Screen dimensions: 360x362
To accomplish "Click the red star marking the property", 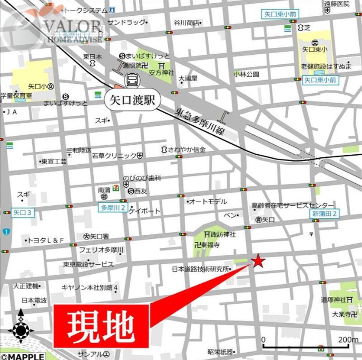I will point(258,261).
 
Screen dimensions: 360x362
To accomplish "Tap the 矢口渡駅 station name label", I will point(132,100).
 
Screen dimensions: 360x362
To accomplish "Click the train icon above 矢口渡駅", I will point(132,79).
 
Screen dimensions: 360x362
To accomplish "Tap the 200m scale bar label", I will point(348,340).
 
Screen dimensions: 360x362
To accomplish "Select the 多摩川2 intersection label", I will point(112,207).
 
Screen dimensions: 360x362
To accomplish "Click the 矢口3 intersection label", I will point(23,213).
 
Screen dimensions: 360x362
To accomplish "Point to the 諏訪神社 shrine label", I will point(223,234).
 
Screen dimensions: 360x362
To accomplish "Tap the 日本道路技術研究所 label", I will point(201,269).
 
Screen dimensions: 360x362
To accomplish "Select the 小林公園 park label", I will point(247,74).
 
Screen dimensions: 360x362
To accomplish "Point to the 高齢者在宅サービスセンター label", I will point(292,205).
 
